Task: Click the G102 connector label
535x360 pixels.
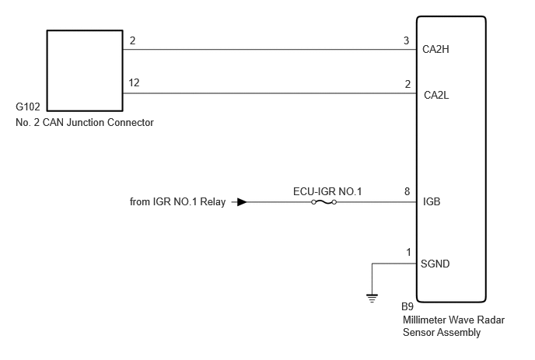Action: pyautogui.click(x=28, y=107)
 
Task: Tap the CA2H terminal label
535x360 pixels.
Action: pyautogui.click(x=435, y=50)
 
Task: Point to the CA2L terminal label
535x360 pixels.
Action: pyautogui.click(x=436, y=95)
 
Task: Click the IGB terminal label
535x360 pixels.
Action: pyautogui.click(x=432, y=201)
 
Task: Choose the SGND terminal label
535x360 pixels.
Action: pyautogui.click(x=435, y=264)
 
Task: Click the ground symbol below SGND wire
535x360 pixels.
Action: pyautogui.click(x=372, y=299)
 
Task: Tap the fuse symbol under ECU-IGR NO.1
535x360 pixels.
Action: pyautogui.click(x=323, y=202)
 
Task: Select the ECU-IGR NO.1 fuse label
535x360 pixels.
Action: pyautogui.click(x=327, y=191)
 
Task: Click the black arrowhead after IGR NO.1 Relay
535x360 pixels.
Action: pyautogui.click(x=242, y=202)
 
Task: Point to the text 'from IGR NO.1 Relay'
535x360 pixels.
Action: pyautogui.click(x=178, y=201)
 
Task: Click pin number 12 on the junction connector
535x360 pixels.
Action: pyautogui.click(x=134, y=82)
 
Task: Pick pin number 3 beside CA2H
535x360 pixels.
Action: pyautogui.click(x=406, y=40)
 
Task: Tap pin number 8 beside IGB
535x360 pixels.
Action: pyautogui.click(x=407, y=191)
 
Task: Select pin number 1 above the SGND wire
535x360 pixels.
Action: pyautogui.click(x=408, y=252)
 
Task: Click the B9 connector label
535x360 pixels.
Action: pyautogui.click(x=407, y=307)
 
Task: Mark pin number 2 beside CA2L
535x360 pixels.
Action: pyautogui.click(x=407, y=84)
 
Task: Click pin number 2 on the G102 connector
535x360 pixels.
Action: pyautogui.click(x=133, y=40)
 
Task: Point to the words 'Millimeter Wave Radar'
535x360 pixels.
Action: pyautogui.click(x=454, y=320)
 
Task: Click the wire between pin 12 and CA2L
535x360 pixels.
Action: pyautogui.click(x=270, y=93)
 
